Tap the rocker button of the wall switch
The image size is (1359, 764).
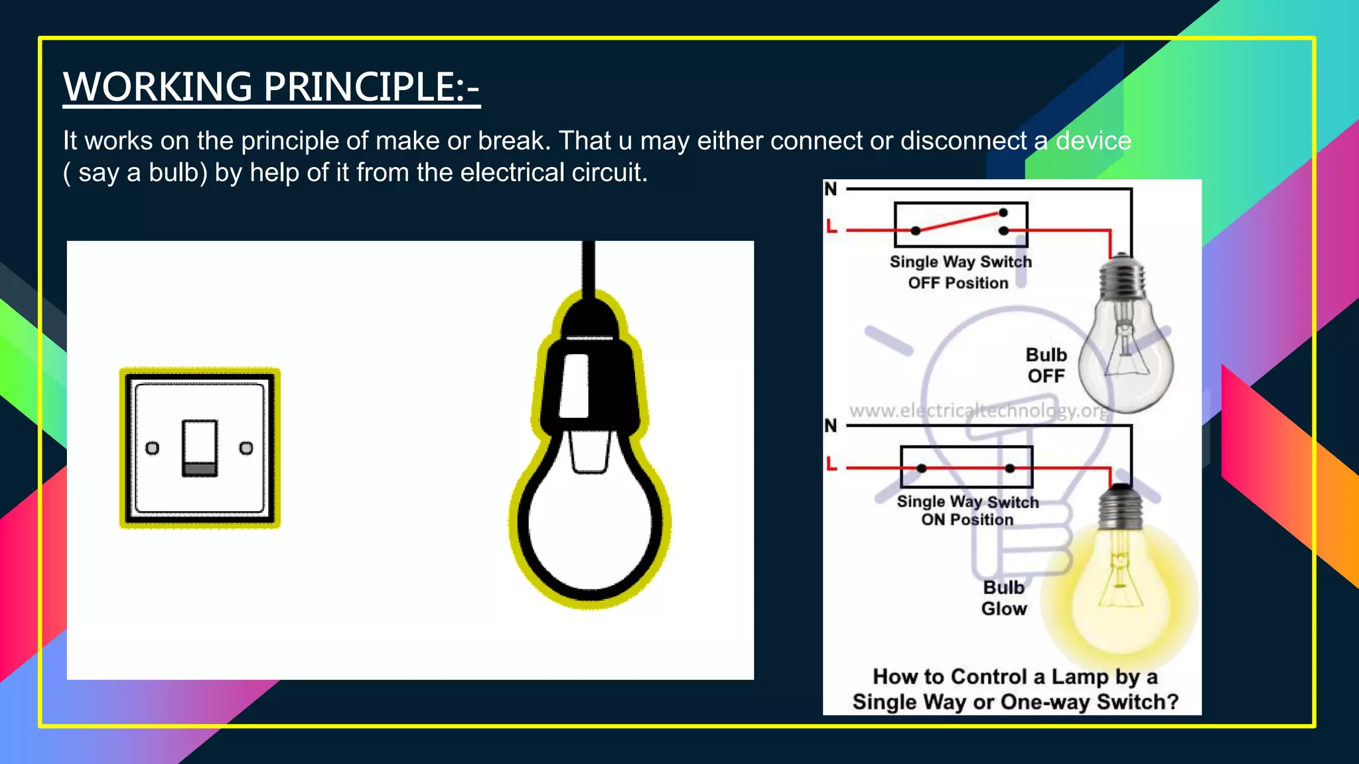pos(200,447)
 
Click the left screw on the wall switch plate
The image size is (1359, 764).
pos(153,448)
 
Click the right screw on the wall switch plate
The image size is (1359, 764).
pos(246,448)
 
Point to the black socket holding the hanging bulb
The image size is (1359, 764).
pos(591,375)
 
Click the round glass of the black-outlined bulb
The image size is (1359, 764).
pos(589,524)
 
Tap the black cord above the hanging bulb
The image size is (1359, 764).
pos(588,265)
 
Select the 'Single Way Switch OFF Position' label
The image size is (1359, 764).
pos(960,272)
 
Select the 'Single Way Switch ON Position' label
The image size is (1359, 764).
pos(967,511)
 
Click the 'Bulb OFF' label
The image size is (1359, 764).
pos(1046,365)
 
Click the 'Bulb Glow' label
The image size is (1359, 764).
pos(1004,598)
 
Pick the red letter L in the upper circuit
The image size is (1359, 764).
pos(831,227)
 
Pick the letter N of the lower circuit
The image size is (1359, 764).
pos(831,425)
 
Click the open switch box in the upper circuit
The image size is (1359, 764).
pos(961,225)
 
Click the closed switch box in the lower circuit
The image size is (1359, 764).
pos(966,467)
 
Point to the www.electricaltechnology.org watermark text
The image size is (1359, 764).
pos(979,411)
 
